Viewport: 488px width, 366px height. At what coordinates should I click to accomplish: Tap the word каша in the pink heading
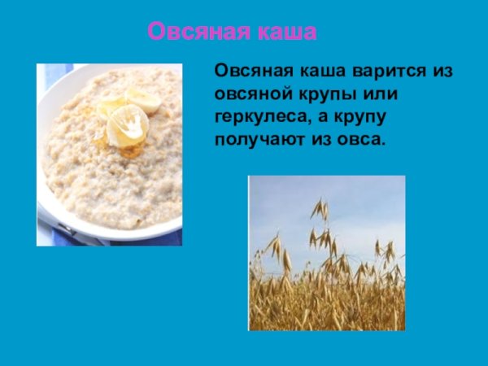[x=281, y=32]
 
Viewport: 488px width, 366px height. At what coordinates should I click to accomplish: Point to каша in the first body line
[x=324, y=71]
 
